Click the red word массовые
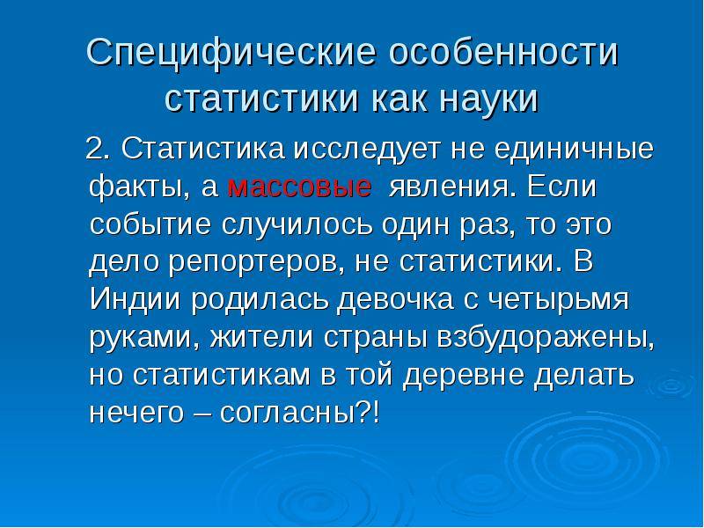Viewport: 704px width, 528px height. [299, 187]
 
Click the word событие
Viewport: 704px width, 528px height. [150, 224]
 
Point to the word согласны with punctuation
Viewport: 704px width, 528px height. [299, 412]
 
